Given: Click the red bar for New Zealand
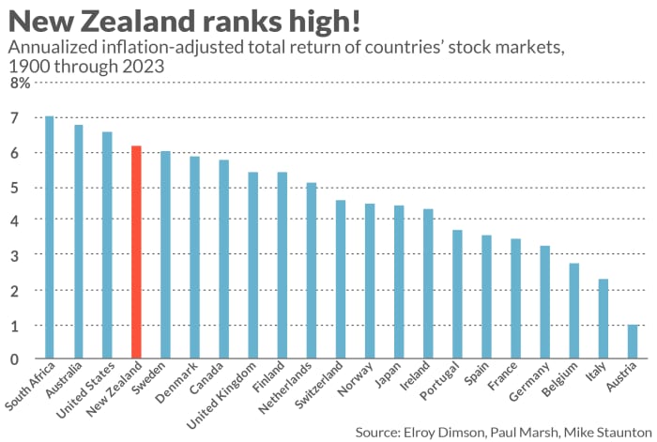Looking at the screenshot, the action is click(136, 252).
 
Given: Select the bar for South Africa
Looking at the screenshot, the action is click(50, 237).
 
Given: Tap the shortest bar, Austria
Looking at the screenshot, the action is click(633, 342).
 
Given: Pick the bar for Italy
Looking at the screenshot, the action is click(603, 319).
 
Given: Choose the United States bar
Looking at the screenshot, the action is click(107, 245).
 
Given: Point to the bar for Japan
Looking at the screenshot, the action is click(399, 282).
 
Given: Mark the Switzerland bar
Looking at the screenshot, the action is click(341, 280).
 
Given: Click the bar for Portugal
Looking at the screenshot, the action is click(457, 294).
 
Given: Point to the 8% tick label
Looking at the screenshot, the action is click(20, 83).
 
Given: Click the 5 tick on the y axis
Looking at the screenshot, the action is click(15, 188).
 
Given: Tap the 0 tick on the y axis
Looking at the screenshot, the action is click(15, 359).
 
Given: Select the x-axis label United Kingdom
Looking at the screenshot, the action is click(222, 395).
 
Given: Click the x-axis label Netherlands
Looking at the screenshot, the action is click(285, 388).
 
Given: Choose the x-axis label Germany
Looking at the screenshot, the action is click(529, 382).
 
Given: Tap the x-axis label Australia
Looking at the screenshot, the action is click(64, 380).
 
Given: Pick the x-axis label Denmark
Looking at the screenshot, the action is click(176, 383).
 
